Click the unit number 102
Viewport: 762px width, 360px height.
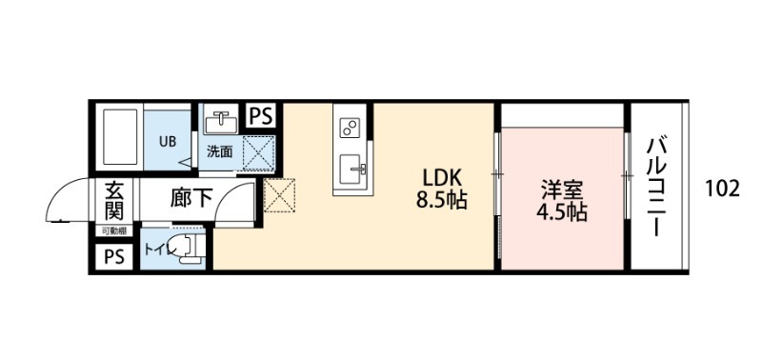pos(723,188)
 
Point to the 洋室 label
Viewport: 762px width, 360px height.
pos(560,189)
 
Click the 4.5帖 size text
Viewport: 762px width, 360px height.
pos(560,211)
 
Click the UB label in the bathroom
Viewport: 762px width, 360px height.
pos(167,142)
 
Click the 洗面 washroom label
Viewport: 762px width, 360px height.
pos(220,151)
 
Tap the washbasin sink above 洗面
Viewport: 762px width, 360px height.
pos(222,122)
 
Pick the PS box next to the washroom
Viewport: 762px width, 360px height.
pos(260,115)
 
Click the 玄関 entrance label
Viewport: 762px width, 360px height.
pos(114,200)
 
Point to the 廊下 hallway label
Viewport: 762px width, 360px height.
pos(190,200)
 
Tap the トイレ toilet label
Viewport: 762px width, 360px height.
pos(155,251)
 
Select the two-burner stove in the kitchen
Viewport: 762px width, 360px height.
pos(350,127)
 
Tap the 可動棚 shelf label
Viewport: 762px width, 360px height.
pos(113,230)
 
